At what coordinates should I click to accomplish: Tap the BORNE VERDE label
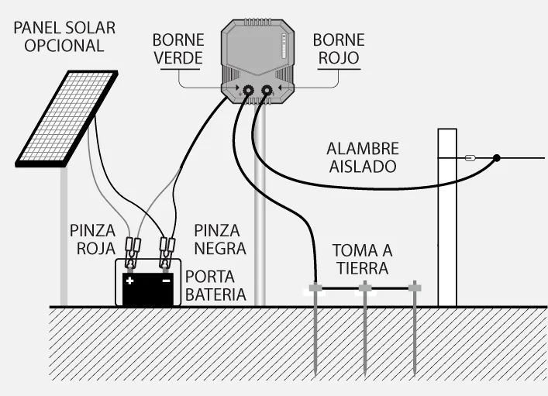tap(177, 48)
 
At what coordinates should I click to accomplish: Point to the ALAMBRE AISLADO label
tap(362, 157)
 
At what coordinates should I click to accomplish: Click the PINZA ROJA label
tap(92, 239)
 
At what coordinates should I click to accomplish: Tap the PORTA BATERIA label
tap(215, 286)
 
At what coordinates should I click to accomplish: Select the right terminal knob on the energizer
tap(267, 92)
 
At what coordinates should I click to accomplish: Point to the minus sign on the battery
tap(165, 281)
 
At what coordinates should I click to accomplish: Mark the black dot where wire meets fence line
tap(497, 158)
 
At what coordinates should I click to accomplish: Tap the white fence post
tap(447, 217)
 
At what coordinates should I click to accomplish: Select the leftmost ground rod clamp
tap(315, 289)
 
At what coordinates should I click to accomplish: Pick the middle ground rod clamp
tap(364, 289)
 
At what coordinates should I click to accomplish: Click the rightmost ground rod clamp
tap(415, 289)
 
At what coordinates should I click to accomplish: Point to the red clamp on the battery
tap(131, 250)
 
